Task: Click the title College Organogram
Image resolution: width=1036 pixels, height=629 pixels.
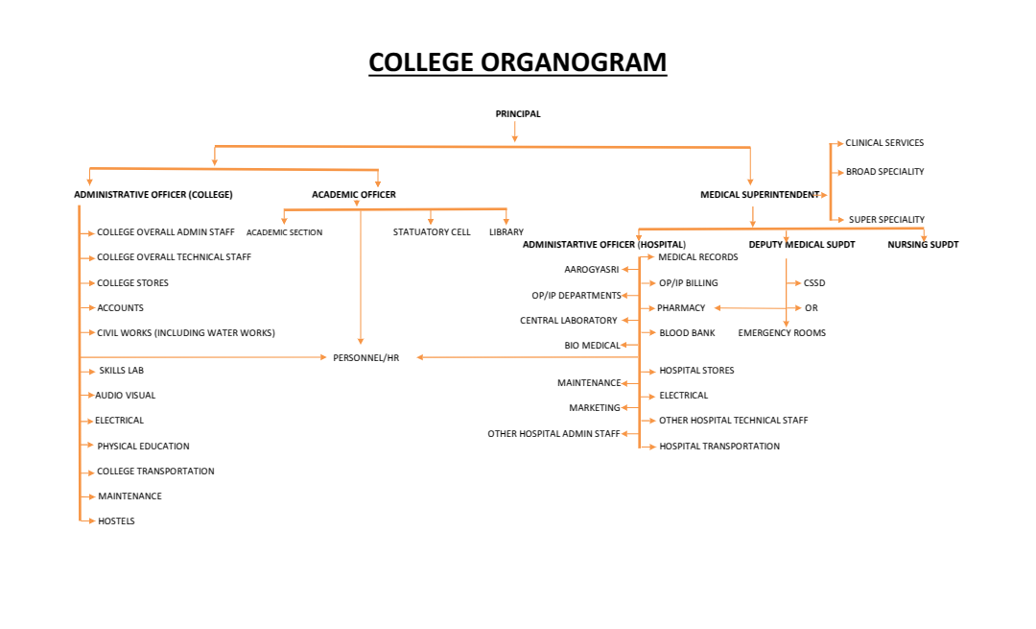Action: click(517, 62)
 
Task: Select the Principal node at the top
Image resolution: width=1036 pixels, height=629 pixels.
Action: click(518, 114)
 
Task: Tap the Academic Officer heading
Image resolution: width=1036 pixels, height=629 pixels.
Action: click(353, 195)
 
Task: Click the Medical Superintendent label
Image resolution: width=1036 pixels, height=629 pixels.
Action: click(760, 195)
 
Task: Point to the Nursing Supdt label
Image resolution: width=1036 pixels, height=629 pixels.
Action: click(923, 245)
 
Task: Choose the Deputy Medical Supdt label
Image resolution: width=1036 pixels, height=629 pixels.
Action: click(802, 245)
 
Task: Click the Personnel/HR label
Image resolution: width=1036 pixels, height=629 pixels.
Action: click(365, 358)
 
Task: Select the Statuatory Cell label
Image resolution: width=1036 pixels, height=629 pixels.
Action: click(432, 232)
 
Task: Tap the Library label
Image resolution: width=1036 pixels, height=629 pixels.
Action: click(506, 232)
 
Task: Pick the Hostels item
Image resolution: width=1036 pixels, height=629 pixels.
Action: click(116, 521)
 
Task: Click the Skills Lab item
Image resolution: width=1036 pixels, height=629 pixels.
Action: click(121, 371)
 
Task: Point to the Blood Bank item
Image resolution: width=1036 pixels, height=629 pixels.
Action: click(687, 333)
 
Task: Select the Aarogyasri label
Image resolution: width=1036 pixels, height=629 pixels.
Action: click(591, 270)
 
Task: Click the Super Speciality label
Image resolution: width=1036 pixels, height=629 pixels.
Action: click(886, 220)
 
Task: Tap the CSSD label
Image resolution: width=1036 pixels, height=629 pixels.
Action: click(814, 283)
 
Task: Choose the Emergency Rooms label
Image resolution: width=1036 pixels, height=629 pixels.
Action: click(782, 333)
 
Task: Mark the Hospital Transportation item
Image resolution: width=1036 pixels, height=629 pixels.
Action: click(719, 447)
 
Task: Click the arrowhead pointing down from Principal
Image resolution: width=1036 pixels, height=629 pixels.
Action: click(515, 138)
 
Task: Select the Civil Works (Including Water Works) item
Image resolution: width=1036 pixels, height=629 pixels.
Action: click(186, 333)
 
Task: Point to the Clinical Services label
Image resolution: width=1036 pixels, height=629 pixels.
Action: click(884, 143)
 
